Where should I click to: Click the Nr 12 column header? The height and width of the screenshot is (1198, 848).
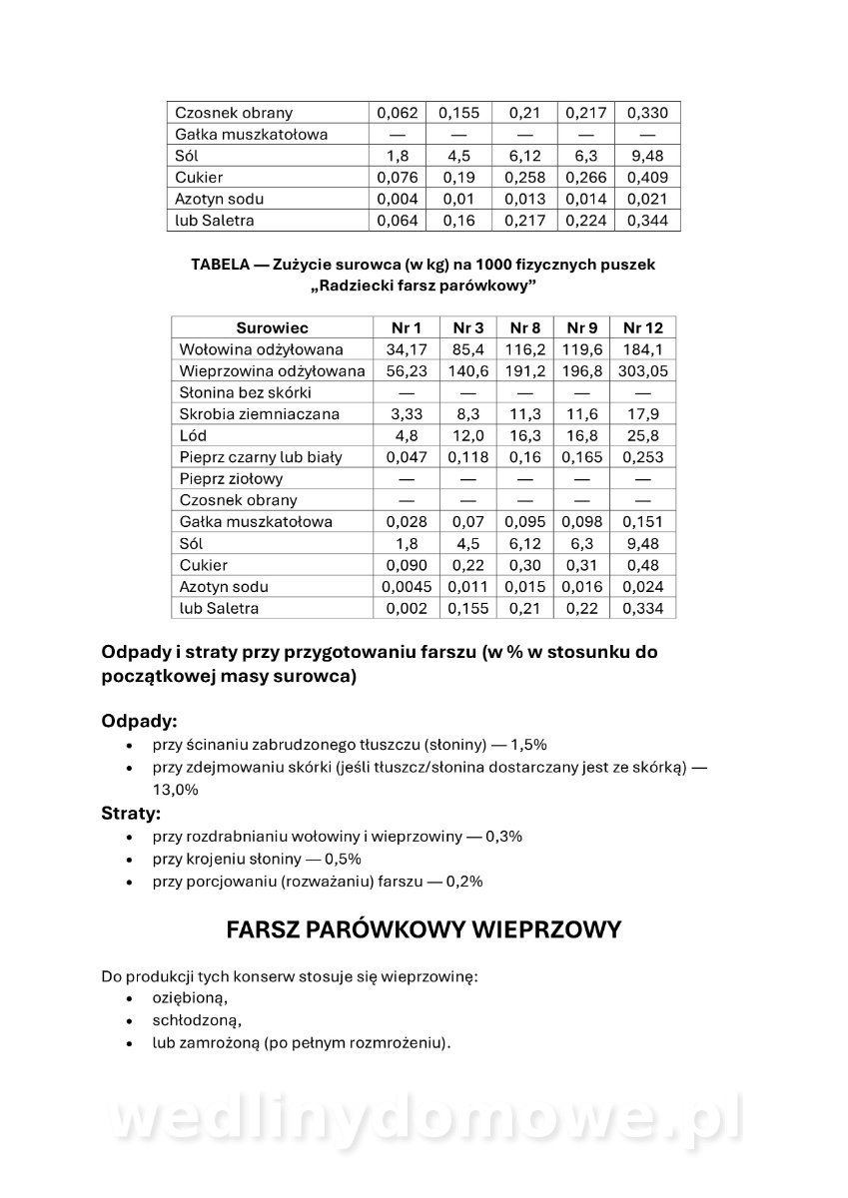pyautogui.click(x=642, y=327)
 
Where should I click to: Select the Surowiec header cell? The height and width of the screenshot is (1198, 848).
pyautogui.click(x=272, y=327)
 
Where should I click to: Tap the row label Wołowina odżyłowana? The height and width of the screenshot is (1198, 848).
pyautogui.click(x=261, y=349)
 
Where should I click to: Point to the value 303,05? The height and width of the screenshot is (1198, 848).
pyautogui.click(x=642, y=370)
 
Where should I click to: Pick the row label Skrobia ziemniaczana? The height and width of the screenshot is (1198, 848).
pyautogui.click(x=259, y=413)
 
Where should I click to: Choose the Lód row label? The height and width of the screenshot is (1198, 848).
pyautogui.click(x=193, y=435)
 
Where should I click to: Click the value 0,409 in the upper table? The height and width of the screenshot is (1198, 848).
pyautogui.click(x=646, y=178)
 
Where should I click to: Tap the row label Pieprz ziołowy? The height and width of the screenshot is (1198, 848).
pyautogui.click(x=231, y=478)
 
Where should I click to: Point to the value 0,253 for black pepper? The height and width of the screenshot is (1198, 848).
pyautogui.click(x=642, y=457)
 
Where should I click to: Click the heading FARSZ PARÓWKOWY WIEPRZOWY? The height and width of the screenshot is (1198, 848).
pyautogui.click(x=424, y=929)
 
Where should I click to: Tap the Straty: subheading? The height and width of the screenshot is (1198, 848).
pyautogui.click(x=131, y=813)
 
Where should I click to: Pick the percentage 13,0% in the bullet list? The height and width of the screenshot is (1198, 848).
pyautogui.click(x=176, y=789)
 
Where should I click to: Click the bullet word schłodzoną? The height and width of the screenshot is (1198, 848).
pyautogui.click(x=197, y=1020)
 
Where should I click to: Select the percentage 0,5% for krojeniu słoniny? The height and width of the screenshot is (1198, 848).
pyautogui.click(x=341, y=859)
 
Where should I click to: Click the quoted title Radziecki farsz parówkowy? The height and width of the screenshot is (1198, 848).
pyautogui.click(x=424, y=286)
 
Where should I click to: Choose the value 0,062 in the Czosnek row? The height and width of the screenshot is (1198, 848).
pyautogui.click(x=397, y=113)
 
